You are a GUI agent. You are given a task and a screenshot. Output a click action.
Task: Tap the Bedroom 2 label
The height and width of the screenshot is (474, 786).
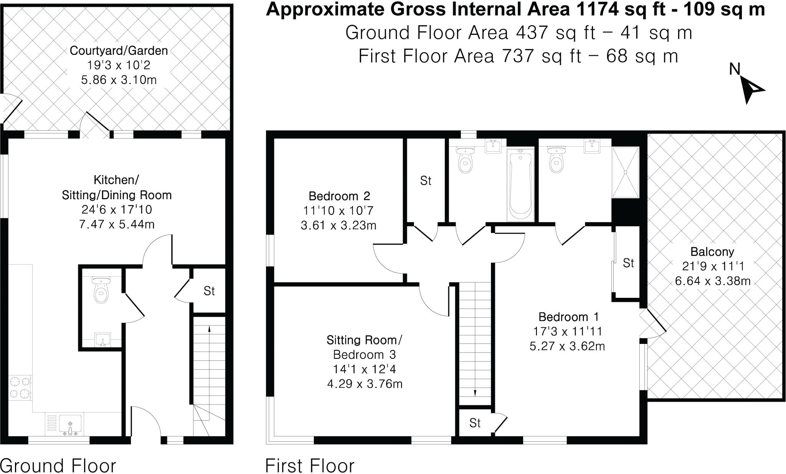(x=339, y=196)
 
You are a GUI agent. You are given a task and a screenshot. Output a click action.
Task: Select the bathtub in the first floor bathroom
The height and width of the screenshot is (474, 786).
(x=520, y=185)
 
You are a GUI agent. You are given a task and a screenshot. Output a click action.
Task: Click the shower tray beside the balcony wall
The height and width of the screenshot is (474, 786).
(x=626, y=172)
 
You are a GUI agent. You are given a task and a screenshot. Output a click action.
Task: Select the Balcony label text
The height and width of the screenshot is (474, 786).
(x=712, y=252)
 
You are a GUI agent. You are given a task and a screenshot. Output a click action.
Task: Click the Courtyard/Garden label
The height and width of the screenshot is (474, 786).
(x=119, y=51)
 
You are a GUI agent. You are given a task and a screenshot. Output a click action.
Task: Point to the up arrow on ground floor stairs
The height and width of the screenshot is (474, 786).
(x=209, y=329)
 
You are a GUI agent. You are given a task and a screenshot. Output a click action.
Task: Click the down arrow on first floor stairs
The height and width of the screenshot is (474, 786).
(x=475, y=393)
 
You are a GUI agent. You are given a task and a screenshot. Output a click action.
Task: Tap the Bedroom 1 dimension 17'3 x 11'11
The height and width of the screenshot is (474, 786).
(x=567, y=331)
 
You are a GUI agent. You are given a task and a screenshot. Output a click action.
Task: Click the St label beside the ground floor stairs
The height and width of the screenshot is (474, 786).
(x=209, y=291)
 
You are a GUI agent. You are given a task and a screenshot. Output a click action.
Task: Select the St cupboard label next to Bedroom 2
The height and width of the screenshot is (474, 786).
(x=426, y=181)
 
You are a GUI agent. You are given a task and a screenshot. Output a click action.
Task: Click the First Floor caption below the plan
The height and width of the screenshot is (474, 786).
(x=310, y=466)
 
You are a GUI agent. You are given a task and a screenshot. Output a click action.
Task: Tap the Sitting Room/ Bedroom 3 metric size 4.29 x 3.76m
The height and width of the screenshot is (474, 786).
(x=364, y=384)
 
